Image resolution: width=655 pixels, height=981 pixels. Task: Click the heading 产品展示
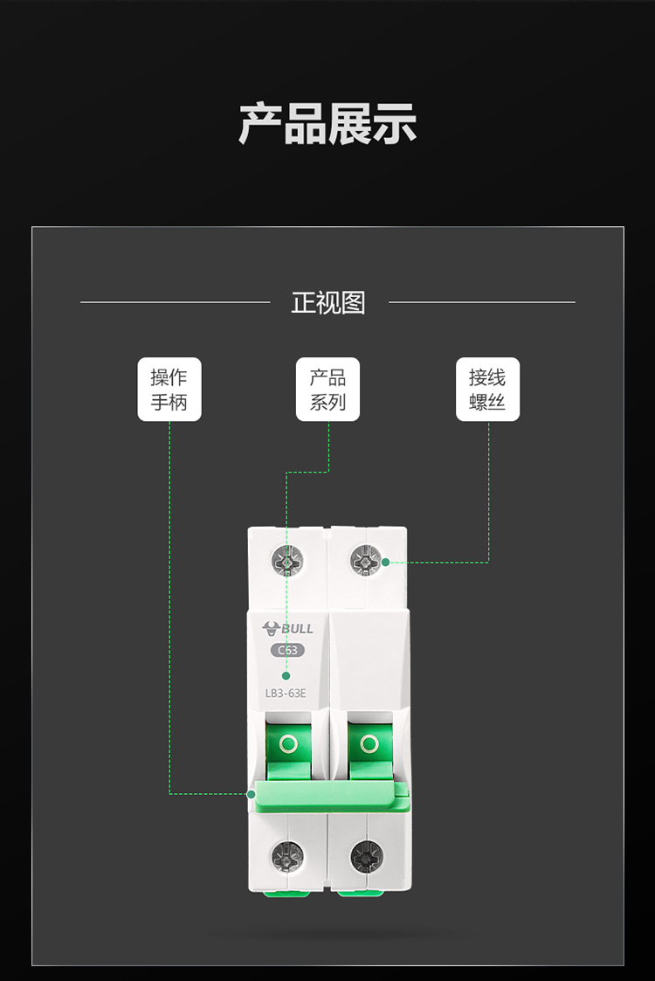[327, 124]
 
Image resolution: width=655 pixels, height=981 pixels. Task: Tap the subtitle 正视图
[327, 303]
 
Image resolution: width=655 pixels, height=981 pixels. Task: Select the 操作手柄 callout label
[169, 389]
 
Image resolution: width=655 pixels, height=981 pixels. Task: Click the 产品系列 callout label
[327, 389]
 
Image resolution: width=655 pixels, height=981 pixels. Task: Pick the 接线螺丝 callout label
[487, 389]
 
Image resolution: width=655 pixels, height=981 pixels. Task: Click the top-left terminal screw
[287, 561]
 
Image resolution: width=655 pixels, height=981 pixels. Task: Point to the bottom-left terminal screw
[288, 856]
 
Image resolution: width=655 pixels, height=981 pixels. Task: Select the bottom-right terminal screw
[367, 856]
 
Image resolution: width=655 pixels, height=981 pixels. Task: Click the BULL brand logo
[288, 629]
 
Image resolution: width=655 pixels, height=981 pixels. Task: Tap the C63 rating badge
[288, 650]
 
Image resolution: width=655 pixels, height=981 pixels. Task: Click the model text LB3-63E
[286, 694]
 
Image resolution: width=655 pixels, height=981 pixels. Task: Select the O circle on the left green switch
[288, 744]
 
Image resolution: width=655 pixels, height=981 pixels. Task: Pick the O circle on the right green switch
[369, 744]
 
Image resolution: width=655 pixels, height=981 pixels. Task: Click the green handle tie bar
[330, 797]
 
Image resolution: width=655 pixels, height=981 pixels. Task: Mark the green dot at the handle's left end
[252, 795]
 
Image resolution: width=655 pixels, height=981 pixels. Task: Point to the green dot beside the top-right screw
[385, 563]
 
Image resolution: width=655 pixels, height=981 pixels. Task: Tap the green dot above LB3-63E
[286, 675]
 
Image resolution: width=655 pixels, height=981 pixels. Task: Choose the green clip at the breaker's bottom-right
[361, 893]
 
